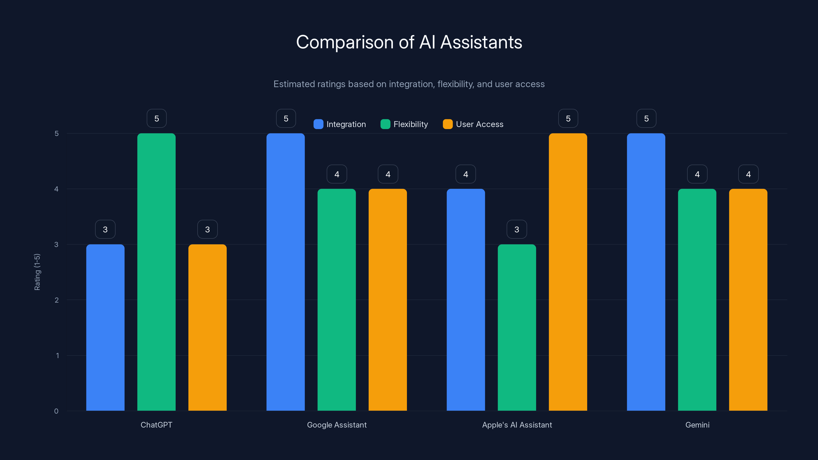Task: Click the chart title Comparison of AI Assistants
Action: click(409, 42)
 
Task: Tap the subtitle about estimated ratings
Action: click(409, 84)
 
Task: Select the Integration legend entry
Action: click(340, 124)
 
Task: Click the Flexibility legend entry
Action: click(404, 124)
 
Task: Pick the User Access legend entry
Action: click(473, 124)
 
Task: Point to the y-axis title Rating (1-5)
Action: click(37, 272)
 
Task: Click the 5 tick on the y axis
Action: click(56, 134)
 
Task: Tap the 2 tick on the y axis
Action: click(56, 300)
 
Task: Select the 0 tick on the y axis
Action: click(56, 411)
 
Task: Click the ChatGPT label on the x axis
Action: click(156, 425)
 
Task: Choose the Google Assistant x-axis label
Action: click(337, 425)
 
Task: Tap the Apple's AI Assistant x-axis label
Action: click(517, 425)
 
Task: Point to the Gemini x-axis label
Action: click(697, 425)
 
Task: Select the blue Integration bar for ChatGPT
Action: click(105, 327)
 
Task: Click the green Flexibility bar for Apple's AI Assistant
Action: click(517, 327)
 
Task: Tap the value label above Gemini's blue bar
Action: click(646, 118)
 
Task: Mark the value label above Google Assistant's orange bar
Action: click(388, 174)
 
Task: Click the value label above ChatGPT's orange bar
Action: click(207, 229)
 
